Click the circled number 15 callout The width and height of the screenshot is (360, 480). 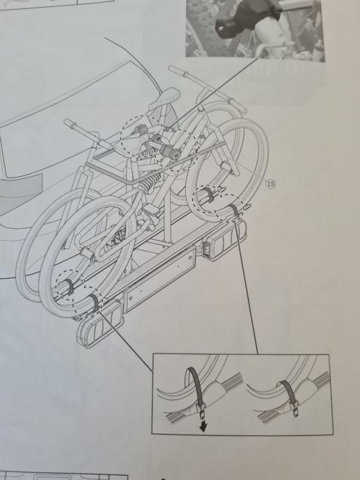[271, 184]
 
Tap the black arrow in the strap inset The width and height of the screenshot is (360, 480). [203, 426]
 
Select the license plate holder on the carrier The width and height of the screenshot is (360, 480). [159, 280]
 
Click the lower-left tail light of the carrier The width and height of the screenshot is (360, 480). [100, 324]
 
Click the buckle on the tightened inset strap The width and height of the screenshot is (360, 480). [295, 409]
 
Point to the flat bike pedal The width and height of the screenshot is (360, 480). [151, 210]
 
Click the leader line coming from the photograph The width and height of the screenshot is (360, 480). [214, 92]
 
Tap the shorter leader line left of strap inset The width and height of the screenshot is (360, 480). [125, 342]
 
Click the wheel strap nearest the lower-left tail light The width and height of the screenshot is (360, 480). [95, 301]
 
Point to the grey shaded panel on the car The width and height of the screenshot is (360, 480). [19, 187]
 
